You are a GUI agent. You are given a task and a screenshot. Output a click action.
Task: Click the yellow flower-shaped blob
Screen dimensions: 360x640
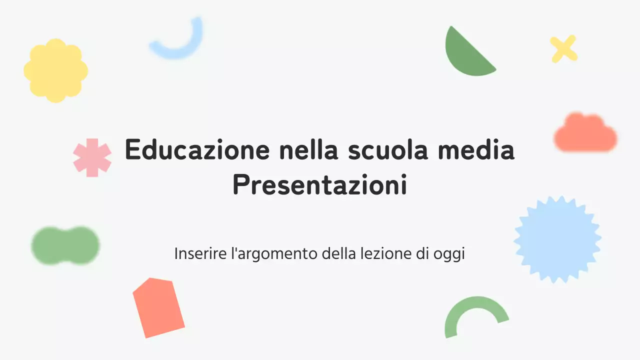(55, 70)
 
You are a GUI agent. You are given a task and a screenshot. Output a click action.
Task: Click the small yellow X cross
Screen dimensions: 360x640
(563, 49)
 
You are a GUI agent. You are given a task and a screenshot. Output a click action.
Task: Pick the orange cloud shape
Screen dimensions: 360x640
(584, 134)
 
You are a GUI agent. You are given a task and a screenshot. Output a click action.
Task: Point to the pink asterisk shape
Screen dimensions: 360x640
(92, 157)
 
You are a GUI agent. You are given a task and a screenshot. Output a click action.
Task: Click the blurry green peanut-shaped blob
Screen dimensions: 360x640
(65, 245)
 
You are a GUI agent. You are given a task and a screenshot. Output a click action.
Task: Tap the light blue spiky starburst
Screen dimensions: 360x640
(557, 239)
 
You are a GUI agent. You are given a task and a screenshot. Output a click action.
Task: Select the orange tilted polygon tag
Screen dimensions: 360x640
(158, 307)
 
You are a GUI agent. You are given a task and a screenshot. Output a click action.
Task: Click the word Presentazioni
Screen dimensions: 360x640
(319, 185)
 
